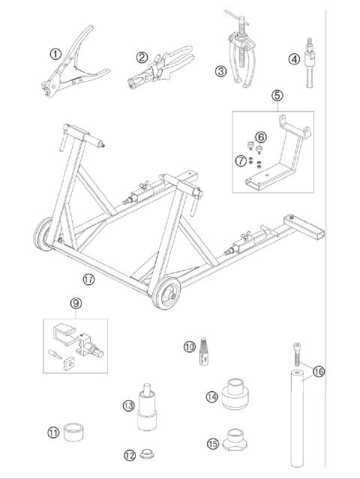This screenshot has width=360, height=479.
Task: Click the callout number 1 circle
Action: click(55, 53)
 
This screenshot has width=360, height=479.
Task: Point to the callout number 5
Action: click(277, 95)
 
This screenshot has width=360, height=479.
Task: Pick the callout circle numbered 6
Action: click(261, 136)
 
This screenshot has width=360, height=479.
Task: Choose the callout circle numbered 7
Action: click(240, 160)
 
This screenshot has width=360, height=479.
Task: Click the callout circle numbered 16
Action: click(319, 371)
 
